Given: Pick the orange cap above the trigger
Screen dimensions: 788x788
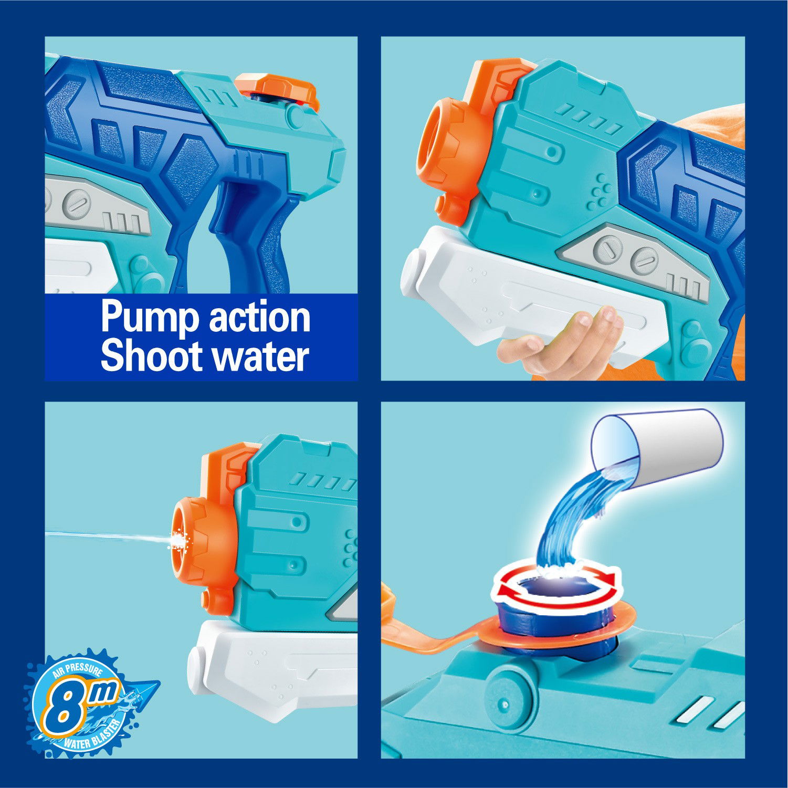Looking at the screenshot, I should (x=277, y=87).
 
